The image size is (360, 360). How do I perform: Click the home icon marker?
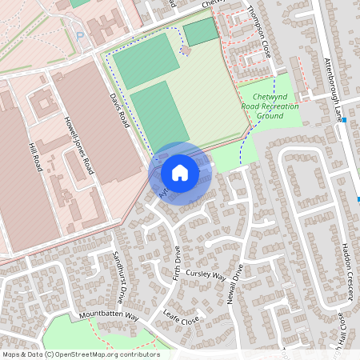click(180, 172)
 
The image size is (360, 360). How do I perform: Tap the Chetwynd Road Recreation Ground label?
click(270, 105)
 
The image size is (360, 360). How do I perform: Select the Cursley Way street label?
click(206, 275)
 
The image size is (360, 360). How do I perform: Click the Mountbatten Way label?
click(109, 317)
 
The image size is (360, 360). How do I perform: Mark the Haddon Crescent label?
click(346, 273)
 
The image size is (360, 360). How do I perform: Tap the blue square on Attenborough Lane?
click(342, 120)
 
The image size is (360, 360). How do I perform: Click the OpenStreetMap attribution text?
click(80, 354)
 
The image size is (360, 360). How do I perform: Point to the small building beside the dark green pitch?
click(186, 50)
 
